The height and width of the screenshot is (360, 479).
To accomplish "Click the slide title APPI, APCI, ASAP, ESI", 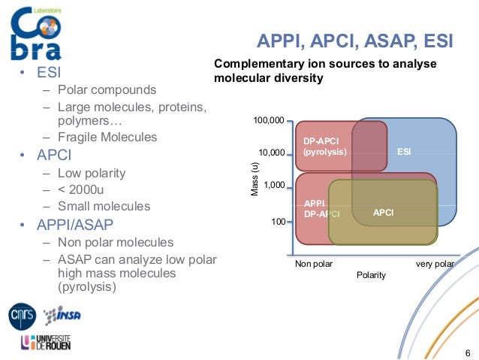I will pyautogui.click(x=355, y=41).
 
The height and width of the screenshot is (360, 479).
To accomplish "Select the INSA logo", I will pyautogui.click(x=62, y=315).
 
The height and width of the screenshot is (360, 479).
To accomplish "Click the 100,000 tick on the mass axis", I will pyautogui.click(x=270, y=121).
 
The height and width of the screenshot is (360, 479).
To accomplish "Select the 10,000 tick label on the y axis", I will pyautogui.click(x=271, y=153).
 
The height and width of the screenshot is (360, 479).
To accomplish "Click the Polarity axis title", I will pyautogui.click(x=371, y=275).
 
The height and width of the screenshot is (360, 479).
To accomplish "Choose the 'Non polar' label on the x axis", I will pyautogui.click(x=313, y=264).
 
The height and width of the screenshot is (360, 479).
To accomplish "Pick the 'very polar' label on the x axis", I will pyautogui.click(x=435, y=264).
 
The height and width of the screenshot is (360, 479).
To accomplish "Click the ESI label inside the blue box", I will pyautogui.click(x=404, y=152).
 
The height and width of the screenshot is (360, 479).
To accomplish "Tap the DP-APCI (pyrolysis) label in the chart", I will pyautogui.click(x=324, y=146).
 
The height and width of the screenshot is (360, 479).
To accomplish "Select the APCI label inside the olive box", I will pyautogui.click(x=383, y=213).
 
